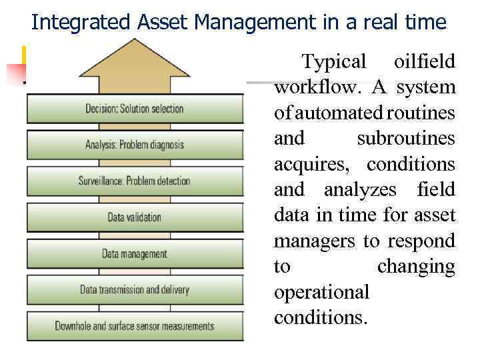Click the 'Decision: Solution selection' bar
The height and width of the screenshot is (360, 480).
pos(135,109)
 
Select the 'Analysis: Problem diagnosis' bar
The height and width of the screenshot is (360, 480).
pos(135,145)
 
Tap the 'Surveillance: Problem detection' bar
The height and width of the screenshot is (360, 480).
pos(135,181)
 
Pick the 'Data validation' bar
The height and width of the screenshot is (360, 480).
pos(135,217)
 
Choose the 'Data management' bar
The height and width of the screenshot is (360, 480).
pos(135,253)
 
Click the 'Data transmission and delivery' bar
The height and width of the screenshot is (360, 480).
pos(135,290)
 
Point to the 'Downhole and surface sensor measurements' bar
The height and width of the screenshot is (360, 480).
pos(135,326)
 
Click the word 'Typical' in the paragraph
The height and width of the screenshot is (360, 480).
pos(334,62)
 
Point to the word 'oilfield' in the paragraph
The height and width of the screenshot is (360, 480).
pos(425,62)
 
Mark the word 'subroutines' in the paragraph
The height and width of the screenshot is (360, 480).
pos(405,139)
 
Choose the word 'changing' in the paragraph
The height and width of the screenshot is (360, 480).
pos(415,267)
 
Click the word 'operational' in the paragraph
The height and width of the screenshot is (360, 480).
pos(321,292)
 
